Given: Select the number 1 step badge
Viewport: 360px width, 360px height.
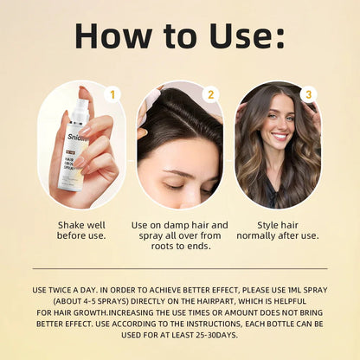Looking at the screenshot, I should [x=112, y=93].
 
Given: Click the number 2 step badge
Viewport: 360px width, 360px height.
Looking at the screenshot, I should [x=210, y=93].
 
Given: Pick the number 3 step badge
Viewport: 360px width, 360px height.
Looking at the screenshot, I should [x=308, y=93].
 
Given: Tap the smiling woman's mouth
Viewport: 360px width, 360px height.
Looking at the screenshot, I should [x=280, y=136].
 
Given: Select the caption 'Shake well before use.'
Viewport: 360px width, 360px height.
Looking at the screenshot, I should [x=81, y=229].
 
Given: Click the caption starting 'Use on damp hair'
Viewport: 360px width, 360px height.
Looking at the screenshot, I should [x=180, y=235].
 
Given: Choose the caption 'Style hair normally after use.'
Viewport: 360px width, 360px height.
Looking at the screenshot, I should [x=278, y=229].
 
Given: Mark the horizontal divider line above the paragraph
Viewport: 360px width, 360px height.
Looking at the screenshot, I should [x=180, y=268].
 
